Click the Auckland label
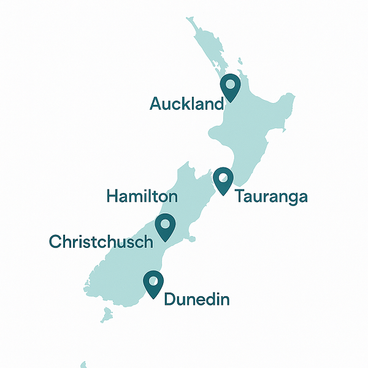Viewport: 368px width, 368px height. [x=186, y=104]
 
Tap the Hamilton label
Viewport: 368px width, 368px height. [x=142, y=196]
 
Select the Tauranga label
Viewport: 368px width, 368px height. [x=270, y=197]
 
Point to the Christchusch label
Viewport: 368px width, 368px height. [x=100, y=242]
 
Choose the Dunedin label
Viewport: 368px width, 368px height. [x=196, y=300]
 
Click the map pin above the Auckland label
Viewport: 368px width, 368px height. [x=231, y=88]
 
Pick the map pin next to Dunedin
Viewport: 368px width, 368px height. [x=153, y=284]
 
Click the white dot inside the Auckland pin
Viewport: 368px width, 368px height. [x=231, y=84]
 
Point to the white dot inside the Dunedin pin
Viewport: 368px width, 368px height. [x=153, y=280]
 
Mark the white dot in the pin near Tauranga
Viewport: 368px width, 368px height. [x=223, y=177]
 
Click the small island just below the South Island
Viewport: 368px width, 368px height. [x=107, y=315]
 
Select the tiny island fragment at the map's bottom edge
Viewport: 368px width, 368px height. [x=83, y=364]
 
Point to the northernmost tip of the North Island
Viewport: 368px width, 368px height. [x=189, y=18]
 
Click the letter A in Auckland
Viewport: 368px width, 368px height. [x=156, y=104]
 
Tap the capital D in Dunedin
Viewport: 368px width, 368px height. [x=171, y=300]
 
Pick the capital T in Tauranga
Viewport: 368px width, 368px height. [x=240, y=197]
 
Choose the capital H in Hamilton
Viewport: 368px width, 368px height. [x=112, y=196]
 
